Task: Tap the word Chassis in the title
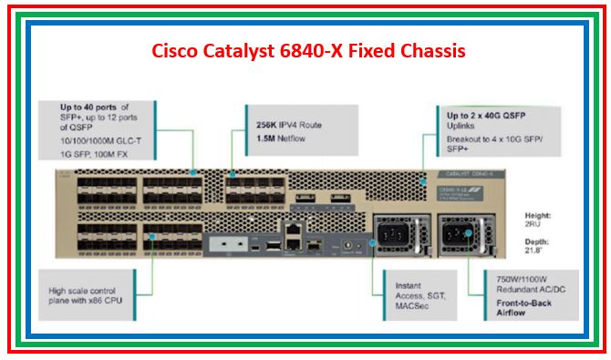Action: pyautogui.click(x=430, y=50)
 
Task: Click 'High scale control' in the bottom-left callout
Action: pyautogui.click(x=86, y=291)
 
